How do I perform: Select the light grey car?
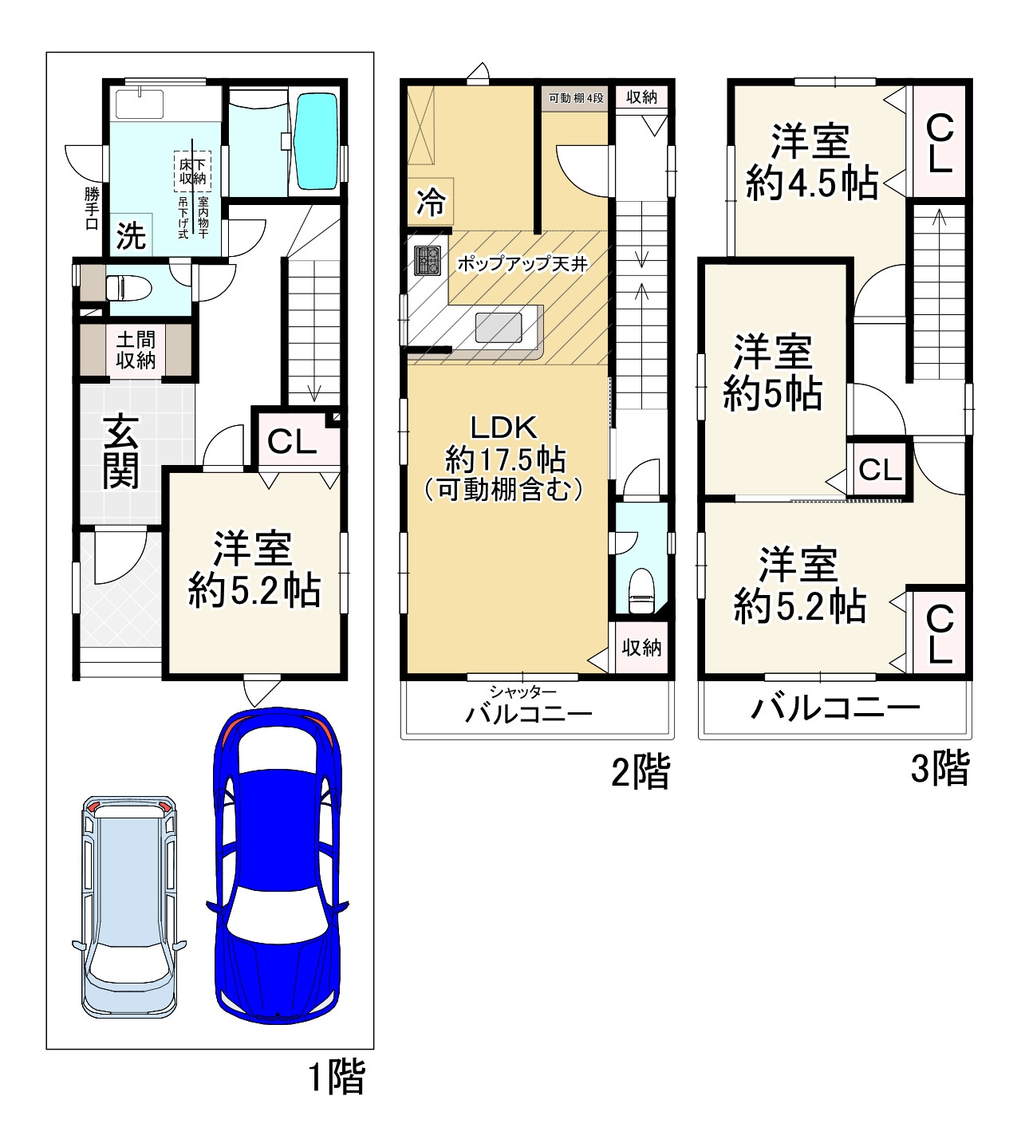click(x=129, y=907)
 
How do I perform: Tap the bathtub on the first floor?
click(x=317, y=141)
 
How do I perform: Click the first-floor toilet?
click(x=129, y=288)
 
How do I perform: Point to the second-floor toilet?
click(x=641, y=590)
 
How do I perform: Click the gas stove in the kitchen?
click(x=427, y=261)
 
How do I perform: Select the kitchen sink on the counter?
click(x=499, y=328)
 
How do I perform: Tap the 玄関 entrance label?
click(x=121, y=451)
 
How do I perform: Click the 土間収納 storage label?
click(x=136, y=350)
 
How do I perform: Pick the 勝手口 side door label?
click(x=92, y=208)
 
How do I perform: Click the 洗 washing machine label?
click(x=131, y=235)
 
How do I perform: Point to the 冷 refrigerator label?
click(x=431, y=202)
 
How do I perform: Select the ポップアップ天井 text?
click(x=522, y=264)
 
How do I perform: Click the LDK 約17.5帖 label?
click(x=503, y=458)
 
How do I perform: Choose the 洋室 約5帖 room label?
click(x=773, y=372)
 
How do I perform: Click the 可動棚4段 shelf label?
click(x=576, y=98)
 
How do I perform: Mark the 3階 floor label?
click(x=940, y=767)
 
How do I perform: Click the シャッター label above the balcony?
click(x=522, y=692)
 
